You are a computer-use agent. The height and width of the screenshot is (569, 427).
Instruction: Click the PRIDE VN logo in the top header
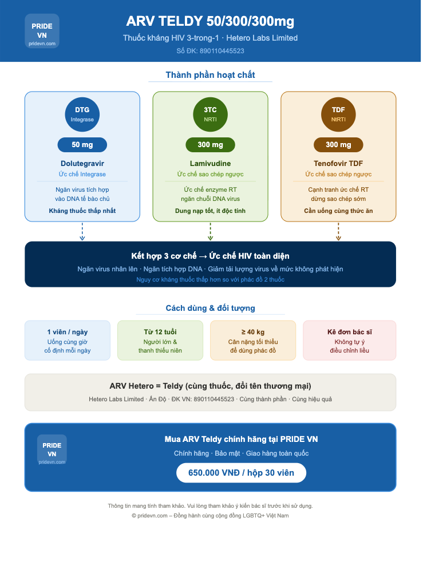pos(42,31)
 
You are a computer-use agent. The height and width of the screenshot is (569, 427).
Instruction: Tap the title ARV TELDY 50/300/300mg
pos(210,21)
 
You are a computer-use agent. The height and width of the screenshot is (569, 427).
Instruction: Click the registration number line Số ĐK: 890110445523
pos(210,51)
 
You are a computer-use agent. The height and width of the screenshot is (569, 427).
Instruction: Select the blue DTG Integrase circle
pos(82,114)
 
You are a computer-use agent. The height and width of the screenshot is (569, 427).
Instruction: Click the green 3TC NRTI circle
pos(211,114)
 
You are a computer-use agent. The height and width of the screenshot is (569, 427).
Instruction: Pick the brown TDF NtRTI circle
pos(338,114)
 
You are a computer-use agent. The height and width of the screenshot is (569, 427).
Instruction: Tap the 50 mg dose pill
pos(82,145)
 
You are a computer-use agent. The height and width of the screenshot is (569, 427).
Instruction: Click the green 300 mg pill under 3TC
pos(211,145)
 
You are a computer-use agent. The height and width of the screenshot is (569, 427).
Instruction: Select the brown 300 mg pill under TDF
pos(338,145)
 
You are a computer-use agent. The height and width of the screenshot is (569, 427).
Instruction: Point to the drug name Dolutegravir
pos(82,164)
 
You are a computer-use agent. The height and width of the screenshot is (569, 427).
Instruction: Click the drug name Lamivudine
pos(211,164)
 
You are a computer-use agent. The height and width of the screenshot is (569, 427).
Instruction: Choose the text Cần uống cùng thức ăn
pos(338,211)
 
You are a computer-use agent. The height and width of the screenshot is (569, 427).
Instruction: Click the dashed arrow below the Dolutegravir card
pos(82,231)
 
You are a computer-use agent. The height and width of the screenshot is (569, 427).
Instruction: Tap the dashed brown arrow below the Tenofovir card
pos(338,231)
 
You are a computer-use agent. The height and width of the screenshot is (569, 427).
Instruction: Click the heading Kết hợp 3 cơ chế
pos(164,256)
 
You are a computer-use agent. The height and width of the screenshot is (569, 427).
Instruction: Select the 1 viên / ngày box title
pos(68,332)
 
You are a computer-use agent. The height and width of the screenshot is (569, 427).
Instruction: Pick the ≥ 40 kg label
pos(253,332)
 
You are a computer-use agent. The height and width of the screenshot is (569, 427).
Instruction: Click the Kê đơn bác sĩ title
pos(350,332)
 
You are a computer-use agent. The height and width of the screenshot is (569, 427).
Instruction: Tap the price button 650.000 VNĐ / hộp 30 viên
pos(241,473)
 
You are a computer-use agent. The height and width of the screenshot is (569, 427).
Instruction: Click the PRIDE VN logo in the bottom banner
pos(52,449)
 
